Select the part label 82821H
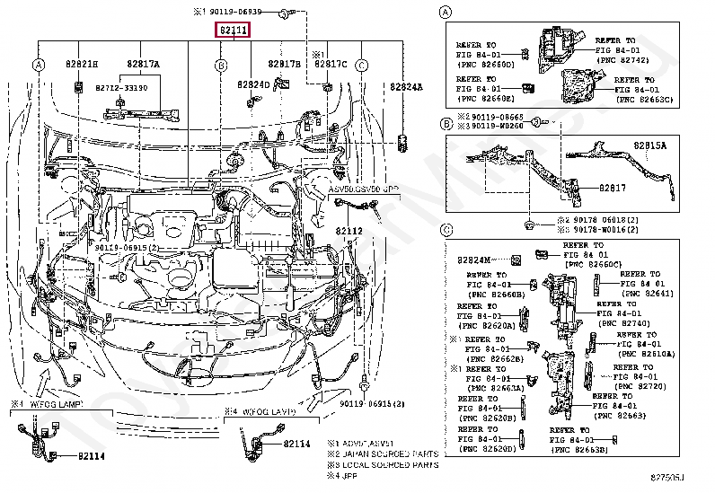(81, 64)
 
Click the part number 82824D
(253, 84)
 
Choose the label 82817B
(285, 64)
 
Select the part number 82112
(350, 231)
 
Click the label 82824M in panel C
(476, 259)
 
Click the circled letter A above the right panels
(445, 12)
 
